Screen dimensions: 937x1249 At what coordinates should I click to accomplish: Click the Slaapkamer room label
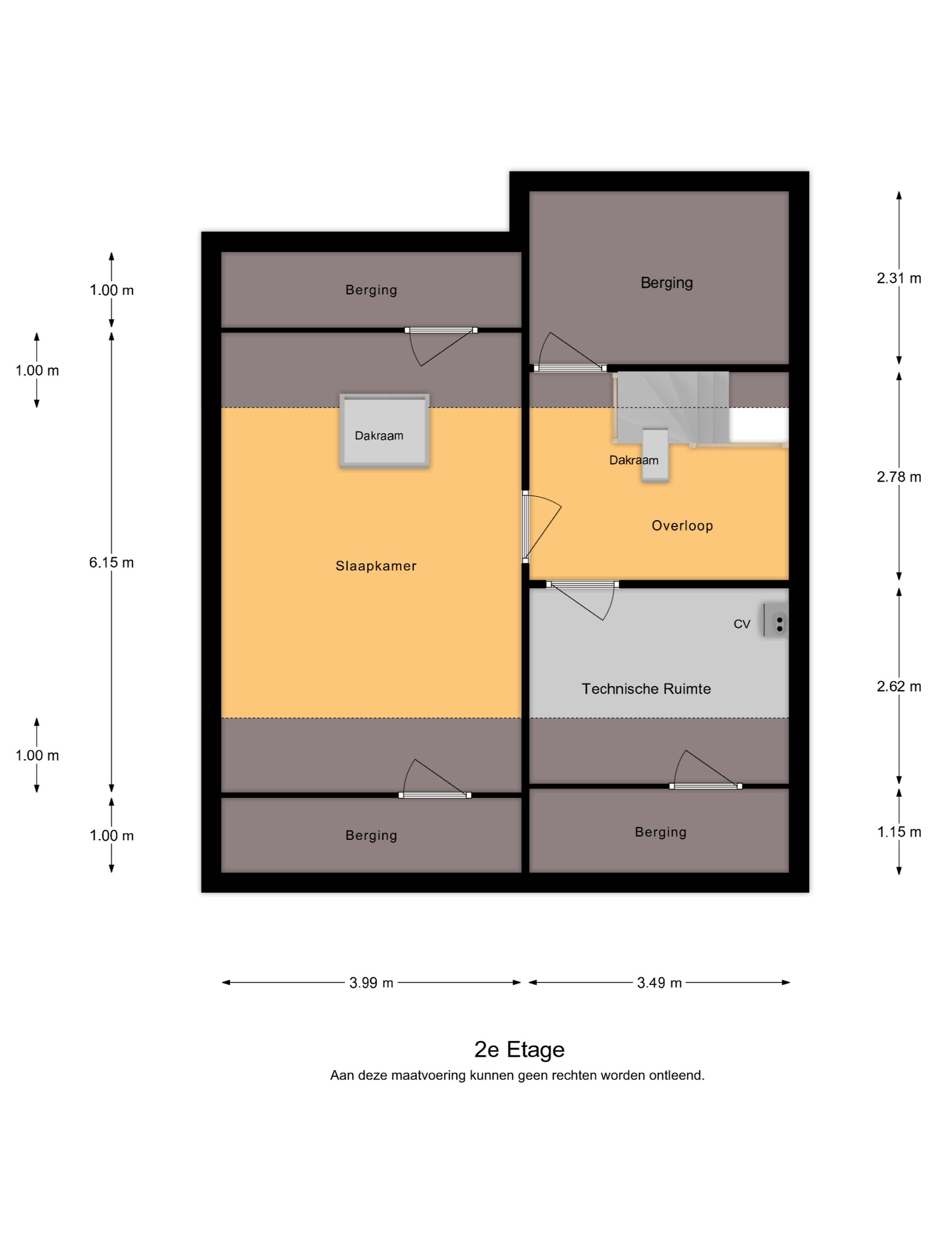(x=376, y=566)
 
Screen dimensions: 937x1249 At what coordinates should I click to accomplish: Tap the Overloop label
(x=682, y=525)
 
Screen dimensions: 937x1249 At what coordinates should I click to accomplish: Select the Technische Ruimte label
(x=646, y=689)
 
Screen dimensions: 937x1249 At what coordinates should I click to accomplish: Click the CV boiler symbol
(x=775, y=620)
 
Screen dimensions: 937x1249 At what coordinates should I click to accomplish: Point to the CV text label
(x=742, y=624)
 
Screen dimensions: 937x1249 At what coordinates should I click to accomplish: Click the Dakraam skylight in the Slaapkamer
(x=384, y=431)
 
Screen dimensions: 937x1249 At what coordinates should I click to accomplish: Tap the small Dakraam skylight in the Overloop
(x=655, y=455)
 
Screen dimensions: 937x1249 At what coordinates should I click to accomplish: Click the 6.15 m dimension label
(x=111, y=562)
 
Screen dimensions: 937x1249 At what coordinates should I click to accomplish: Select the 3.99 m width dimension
(x=371, y=983)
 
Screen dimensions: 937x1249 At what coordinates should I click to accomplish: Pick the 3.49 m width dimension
(x=659, y=983)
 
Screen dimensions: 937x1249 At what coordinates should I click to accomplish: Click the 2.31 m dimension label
(x=899, y=278)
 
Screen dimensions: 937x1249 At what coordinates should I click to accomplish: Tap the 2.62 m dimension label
(x=899, y=686)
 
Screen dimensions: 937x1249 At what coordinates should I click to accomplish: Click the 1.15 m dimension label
(x=899, y=832)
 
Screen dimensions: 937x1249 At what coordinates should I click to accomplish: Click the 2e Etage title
(x=519, y=1050)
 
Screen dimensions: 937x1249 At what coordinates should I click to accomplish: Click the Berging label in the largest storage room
(x=667, y=282)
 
